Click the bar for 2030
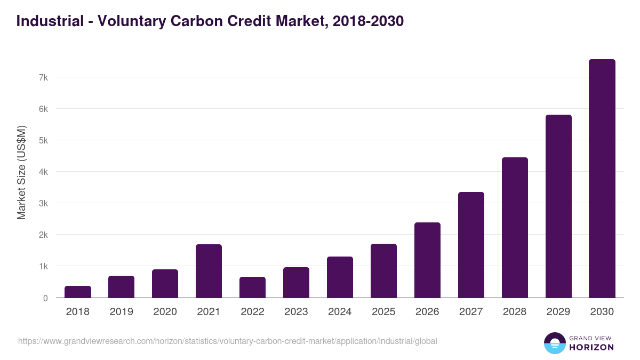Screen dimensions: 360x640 (x=602, y=179)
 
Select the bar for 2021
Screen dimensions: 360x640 (x=209, y=271)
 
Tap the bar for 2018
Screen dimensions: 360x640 (x=78, y=292)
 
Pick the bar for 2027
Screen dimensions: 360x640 (x=471, y=245)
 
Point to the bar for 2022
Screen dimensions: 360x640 (x=252, y=287)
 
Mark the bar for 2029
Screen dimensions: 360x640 (x=558, y=206)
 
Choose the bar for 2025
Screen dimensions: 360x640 (x=383, y=271)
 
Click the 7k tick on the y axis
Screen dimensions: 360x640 (x=43, y=77)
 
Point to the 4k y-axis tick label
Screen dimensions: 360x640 (x=43, y=172)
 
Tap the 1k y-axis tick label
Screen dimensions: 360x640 (x=43, y=266)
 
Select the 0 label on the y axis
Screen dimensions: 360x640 (x=45, y=298)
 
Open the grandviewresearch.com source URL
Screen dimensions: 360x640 (x=228, y=341)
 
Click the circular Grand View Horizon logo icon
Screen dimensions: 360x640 (x=554, y=343)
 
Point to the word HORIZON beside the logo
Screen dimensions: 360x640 (x=592, y=347)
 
